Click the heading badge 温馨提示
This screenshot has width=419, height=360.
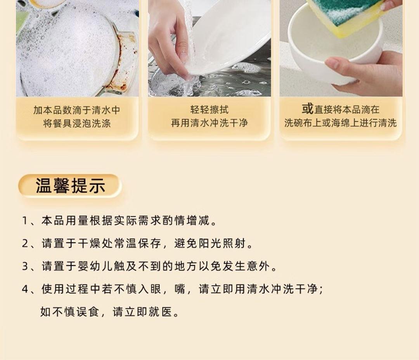(70, 186)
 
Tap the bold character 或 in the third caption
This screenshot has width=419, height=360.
(307, 109)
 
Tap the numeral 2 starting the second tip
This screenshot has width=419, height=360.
(25, 243)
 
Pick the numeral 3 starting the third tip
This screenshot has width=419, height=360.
(25, 266)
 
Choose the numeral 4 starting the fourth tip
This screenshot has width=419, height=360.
(25, 289)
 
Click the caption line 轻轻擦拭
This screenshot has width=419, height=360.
(209, 110)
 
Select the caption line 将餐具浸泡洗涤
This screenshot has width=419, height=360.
(77, 123)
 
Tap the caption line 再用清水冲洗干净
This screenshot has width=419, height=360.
(209, 123)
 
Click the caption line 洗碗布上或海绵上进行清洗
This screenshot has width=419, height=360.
(341, 123)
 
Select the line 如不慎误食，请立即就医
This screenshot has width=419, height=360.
(109, 312)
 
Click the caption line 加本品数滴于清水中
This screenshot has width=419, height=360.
(77, 110)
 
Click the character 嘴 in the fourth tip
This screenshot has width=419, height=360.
(180, 289)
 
